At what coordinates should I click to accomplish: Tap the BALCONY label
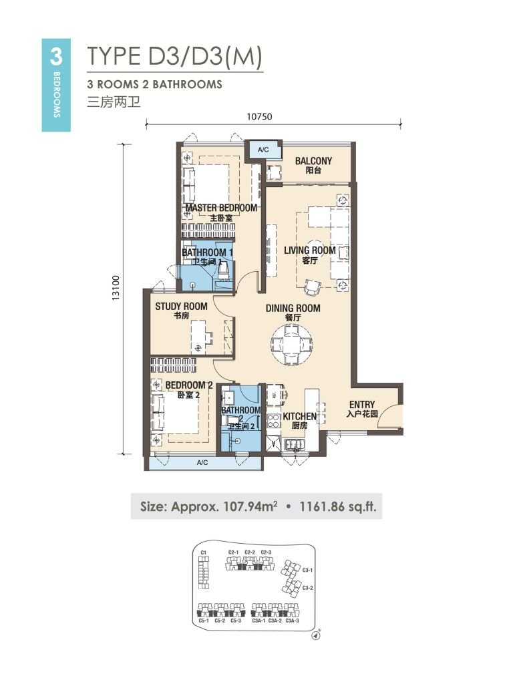click(x=313, y=161)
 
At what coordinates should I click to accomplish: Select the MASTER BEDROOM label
click(x=221, y=208)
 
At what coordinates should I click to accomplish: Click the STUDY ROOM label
click(x=181, y=307)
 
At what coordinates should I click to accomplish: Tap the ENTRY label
click(x=361, y=405)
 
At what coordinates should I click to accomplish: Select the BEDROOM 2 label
click(x=189, y=385)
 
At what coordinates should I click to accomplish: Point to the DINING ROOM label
click(x=293, y=309)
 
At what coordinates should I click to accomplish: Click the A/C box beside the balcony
click(x=263, y=150)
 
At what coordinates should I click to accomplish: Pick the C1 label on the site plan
click(x=204, y=552)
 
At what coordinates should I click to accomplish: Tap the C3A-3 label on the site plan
click(x=292, y=621)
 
